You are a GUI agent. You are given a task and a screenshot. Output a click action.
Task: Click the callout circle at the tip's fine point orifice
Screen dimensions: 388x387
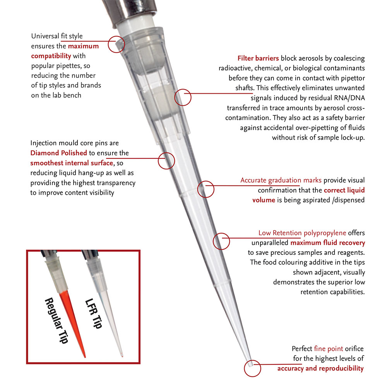(x=252, y=368)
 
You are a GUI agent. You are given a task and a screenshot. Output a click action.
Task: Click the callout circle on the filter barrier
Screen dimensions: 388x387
(x=183, y=97)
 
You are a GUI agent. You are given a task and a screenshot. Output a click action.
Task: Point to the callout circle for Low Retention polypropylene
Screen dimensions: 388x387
(x=222, y=241)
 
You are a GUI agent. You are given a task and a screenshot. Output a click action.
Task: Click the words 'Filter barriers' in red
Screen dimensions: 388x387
(x=258, y=58)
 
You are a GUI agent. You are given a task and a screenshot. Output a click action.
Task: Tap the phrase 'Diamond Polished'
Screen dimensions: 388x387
(x=58, y=153)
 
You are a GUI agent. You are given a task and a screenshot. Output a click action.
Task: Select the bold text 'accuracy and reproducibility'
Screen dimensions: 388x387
(x=320, y=368)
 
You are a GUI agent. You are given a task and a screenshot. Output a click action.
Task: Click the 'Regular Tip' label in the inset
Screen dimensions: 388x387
(x=56, y=320)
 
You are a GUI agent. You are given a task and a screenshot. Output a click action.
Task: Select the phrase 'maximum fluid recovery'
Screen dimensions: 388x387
(x=327, y=243)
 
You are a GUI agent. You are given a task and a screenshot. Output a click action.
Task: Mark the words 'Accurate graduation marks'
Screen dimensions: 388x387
(x=281, y=180)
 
